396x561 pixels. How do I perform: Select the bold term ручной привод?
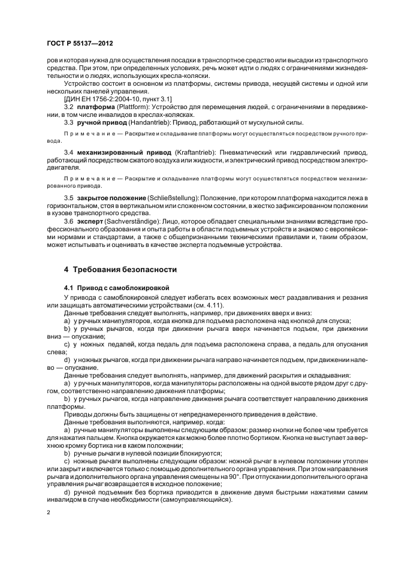pyautogui.click(x=100, y=122)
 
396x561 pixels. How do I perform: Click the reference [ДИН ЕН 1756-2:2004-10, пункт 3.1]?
pyautogui.click(x=117, y=98)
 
